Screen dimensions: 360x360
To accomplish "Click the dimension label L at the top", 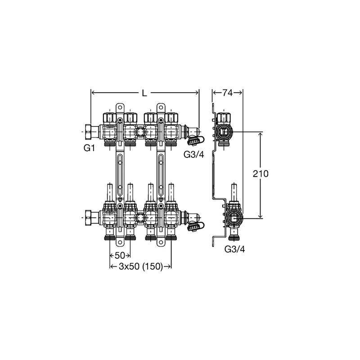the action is (x=144, y=93).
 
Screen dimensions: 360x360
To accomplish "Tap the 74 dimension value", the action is (x=227, y=93).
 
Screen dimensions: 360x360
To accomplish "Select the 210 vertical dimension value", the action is (x=261, y=174).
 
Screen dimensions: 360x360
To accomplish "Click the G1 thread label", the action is (x=89, y=148).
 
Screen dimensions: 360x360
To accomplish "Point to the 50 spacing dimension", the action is (x=120, y=255).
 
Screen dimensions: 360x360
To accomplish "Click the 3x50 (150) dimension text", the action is (x=140, y=266).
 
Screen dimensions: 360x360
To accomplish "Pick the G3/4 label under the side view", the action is (x=234, y=249).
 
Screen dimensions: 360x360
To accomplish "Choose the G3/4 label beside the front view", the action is (x=193, y=154).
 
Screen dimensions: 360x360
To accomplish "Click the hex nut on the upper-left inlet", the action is (x=89, y=132).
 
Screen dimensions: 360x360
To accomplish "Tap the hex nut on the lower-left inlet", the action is (x=89, y=218).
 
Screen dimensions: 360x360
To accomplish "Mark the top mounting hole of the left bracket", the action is (x=120, y=108).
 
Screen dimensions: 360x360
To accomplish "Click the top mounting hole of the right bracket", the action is (x=161, y=108).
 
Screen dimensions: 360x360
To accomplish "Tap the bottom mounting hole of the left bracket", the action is (x=120, y=242).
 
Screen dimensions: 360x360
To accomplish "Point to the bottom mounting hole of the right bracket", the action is (x=161, y=242).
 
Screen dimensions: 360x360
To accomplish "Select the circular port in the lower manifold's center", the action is (x=140, y=217).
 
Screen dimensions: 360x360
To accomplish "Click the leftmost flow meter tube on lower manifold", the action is (x=110, y=193).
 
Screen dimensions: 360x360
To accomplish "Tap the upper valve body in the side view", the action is (x=224, y=132).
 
